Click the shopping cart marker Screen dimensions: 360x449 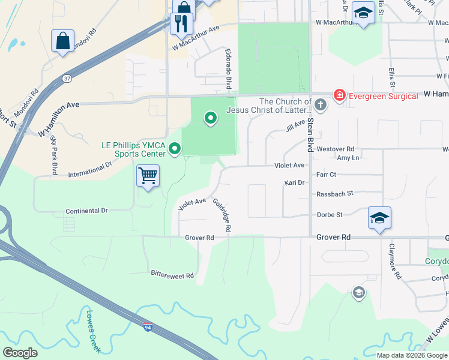pos(148,176)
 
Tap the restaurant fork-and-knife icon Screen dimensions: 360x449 pos(181,23)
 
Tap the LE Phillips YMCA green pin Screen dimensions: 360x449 pos(175,148)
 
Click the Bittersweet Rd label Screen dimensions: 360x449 pos(172,276)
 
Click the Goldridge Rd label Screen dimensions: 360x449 pos(221,215)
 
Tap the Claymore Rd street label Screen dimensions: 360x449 pos(394,262)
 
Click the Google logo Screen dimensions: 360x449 pos(20,353)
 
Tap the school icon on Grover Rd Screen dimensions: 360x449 pos(379,218)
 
